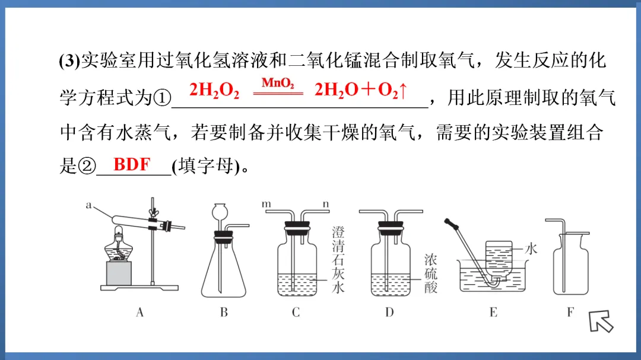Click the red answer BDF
click(x=132, y=164)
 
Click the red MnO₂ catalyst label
click(x=278, y=84)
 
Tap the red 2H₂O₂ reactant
click(x=214, y=90)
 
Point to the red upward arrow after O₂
click(x=403, y=90)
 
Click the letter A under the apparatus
click(x=140, y=313)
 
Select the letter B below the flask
click(x=224, y=313)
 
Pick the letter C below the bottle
click(x=296, y=313)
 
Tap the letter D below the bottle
click(x=389, y=313)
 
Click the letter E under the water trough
click(x=493, y=313)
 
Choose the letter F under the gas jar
click(x=570, y=313)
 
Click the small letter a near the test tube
click(x=88, y=205)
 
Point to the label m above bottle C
click(x=266, y=204)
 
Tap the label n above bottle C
click(x=326, y=204)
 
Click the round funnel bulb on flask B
click(x=220, y=212)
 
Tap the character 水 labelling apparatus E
click(x=531, y=249)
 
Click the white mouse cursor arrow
click(x=601, y=321)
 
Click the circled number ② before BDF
click(x=87, y=166)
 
